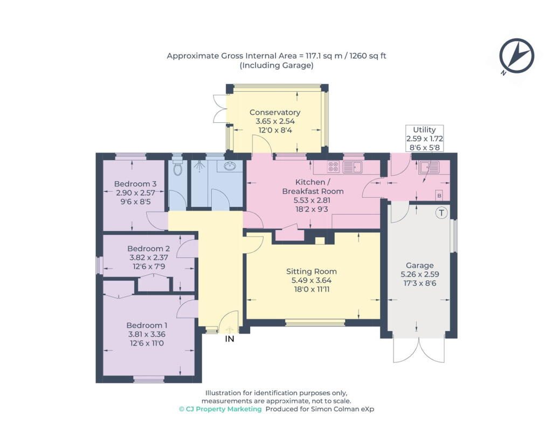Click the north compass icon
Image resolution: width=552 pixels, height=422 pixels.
(516, 56)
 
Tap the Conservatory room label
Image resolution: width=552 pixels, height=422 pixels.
(275, 112)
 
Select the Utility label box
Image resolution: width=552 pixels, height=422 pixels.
(424, 139)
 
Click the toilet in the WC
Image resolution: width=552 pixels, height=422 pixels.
(177, 168)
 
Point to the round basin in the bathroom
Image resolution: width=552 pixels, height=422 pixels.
(230, 166)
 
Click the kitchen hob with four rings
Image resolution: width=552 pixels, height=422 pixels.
(333, 167)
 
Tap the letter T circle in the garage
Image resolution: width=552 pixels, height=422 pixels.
(441, 212)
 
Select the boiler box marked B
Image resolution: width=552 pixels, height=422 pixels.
(439, 196)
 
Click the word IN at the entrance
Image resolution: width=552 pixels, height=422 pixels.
(230, 338)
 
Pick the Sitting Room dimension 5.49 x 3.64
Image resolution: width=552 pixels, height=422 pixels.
(311, 280)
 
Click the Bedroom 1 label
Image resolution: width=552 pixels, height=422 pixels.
(147, 325)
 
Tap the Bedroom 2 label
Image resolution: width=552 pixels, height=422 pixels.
(149, 248)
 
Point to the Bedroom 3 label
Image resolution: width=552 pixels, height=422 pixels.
(135, 184)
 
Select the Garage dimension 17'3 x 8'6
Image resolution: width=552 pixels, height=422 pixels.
(419, 283)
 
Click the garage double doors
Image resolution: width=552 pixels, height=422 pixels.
(418, 350)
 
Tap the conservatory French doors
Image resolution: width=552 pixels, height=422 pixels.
(220, 109)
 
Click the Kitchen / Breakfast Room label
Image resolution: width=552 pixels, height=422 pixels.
(313, 186)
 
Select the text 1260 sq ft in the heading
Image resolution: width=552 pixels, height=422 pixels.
(368, 56)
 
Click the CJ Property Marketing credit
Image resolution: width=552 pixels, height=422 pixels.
(220, 409)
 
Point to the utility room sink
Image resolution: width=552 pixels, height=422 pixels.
(430, 167)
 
